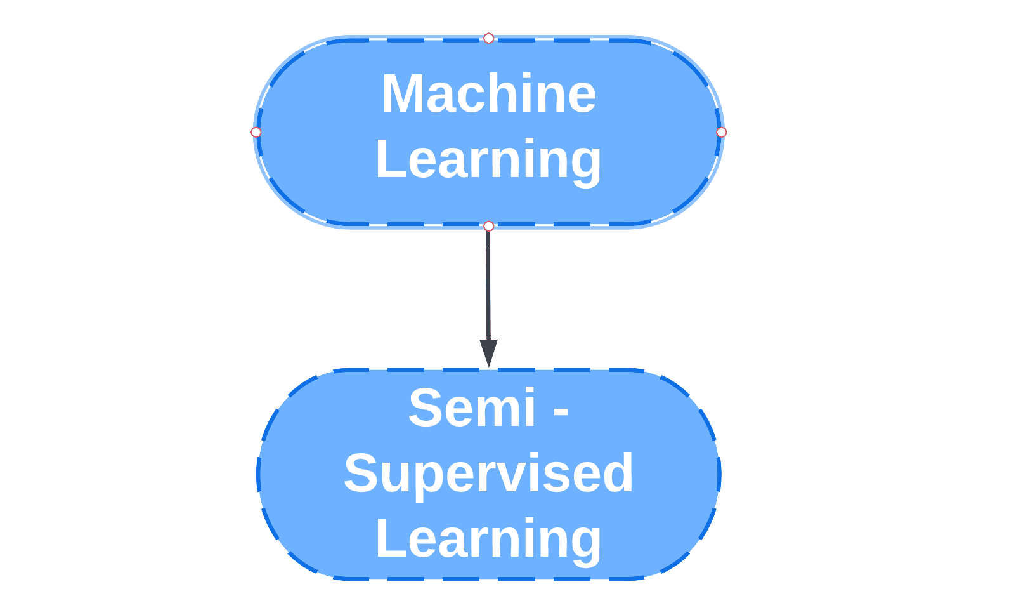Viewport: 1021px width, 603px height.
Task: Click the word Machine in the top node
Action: (x=488, y=94)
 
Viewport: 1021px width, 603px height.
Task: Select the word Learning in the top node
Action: (x=488, y=160)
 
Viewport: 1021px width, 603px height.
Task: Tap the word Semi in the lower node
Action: (x=472, y=408)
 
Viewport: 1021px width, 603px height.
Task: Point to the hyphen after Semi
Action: (x=561, y=411)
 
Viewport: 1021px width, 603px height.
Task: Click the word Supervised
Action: (x=488, y=474)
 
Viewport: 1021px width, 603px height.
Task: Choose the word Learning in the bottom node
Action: (x=488, y=539)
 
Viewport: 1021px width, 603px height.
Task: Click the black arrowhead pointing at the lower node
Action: (x=488, y=353)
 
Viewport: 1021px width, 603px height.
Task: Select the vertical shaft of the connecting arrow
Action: (x=488, y=286)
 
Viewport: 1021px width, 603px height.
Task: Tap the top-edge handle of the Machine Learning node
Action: (x=488, y=39)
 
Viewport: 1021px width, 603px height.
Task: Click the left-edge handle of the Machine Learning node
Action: (x=256, y=132)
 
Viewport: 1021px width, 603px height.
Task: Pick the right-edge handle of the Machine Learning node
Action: (x=721, y=132)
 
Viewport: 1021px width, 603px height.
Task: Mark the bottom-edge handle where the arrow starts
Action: (x=488, y=226)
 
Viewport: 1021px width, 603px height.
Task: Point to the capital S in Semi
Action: (x=425, y=408)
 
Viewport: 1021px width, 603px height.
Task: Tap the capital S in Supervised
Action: (x=360, y=474)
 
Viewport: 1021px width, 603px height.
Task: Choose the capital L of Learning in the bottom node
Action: (x=388, y=539)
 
